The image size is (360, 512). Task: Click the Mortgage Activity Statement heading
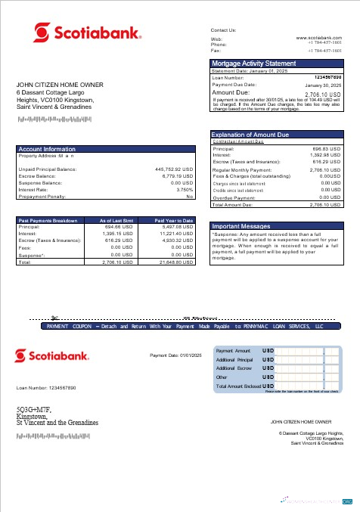[253, 64]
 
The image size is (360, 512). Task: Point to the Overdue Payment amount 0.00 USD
[331, 197]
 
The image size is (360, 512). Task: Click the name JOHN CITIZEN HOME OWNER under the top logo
[60, 85]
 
